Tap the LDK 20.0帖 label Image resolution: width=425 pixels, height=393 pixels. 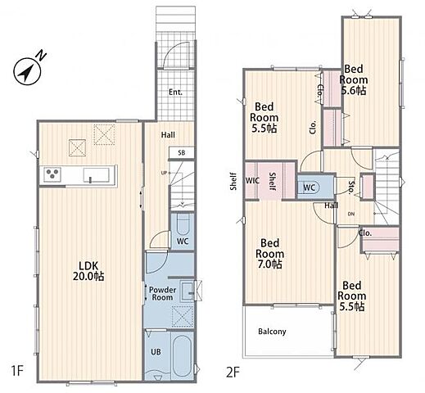[x=88, y=271]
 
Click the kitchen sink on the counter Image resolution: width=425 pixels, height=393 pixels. [x=97, y=175]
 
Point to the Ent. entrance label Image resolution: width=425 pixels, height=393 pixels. [x=175, y=93]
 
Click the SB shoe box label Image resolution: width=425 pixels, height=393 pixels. [x=182, y=153]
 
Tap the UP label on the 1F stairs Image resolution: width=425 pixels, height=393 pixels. [x=164, y=173]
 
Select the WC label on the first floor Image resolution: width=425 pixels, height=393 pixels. [x=183, y=242]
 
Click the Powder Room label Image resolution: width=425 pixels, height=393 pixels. [x=162, y=294]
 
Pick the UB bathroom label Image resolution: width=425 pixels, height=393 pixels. [x=156, y=352]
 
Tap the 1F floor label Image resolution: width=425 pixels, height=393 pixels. [x=17, y=372]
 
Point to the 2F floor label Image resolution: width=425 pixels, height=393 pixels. [x=233, y=373]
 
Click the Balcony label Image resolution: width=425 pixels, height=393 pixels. [x=272, y=332]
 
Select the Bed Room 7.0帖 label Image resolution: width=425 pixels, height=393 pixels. [x=269, y=254]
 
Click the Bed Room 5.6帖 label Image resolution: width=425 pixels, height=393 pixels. [x=354, y=79]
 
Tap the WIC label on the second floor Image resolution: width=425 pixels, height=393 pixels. [x=252, y=181]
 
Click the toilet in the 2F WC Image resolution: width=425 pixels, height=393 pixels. [x=309, y=187]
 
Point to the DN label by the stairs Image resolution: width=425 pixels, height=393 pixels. [x=351, y=214]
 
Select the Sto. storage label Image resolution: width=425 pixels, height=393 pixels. [x=351, y=187]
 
